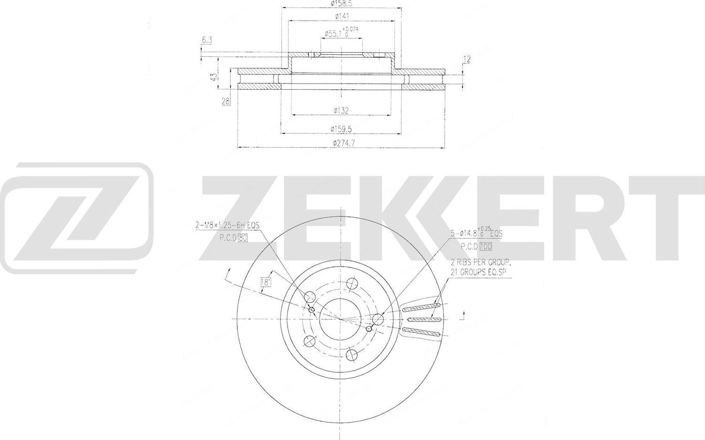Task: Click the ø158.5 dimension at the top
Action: [341, 4]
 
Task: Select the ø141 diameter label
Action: [341, 16]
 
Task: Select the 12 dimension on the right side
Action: [467, 59]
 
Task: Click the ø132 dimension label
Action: [341, 110]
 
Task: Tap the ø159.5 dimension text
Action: [341, 128]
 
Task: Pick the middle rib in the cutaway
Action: [422, 320]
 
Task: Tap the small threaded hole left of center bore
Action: [312, 310]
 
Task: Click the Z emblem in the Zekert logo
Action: [76, 218]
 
